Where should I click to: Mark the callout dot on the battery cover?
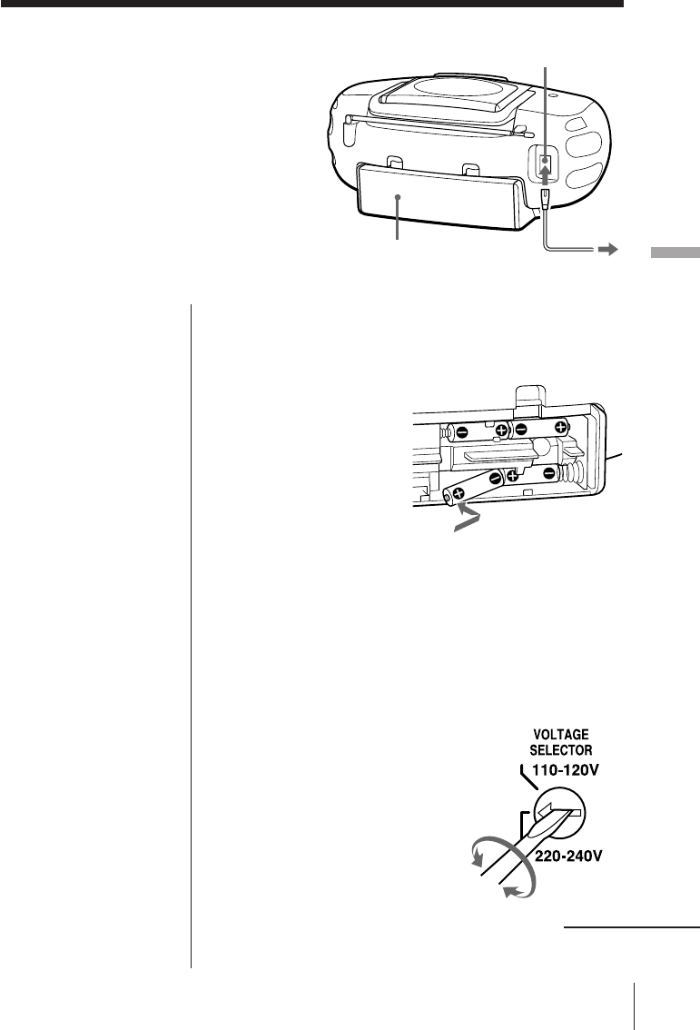pos(398,197)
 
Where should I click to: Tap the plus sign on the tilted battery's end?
pos(457,495)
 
